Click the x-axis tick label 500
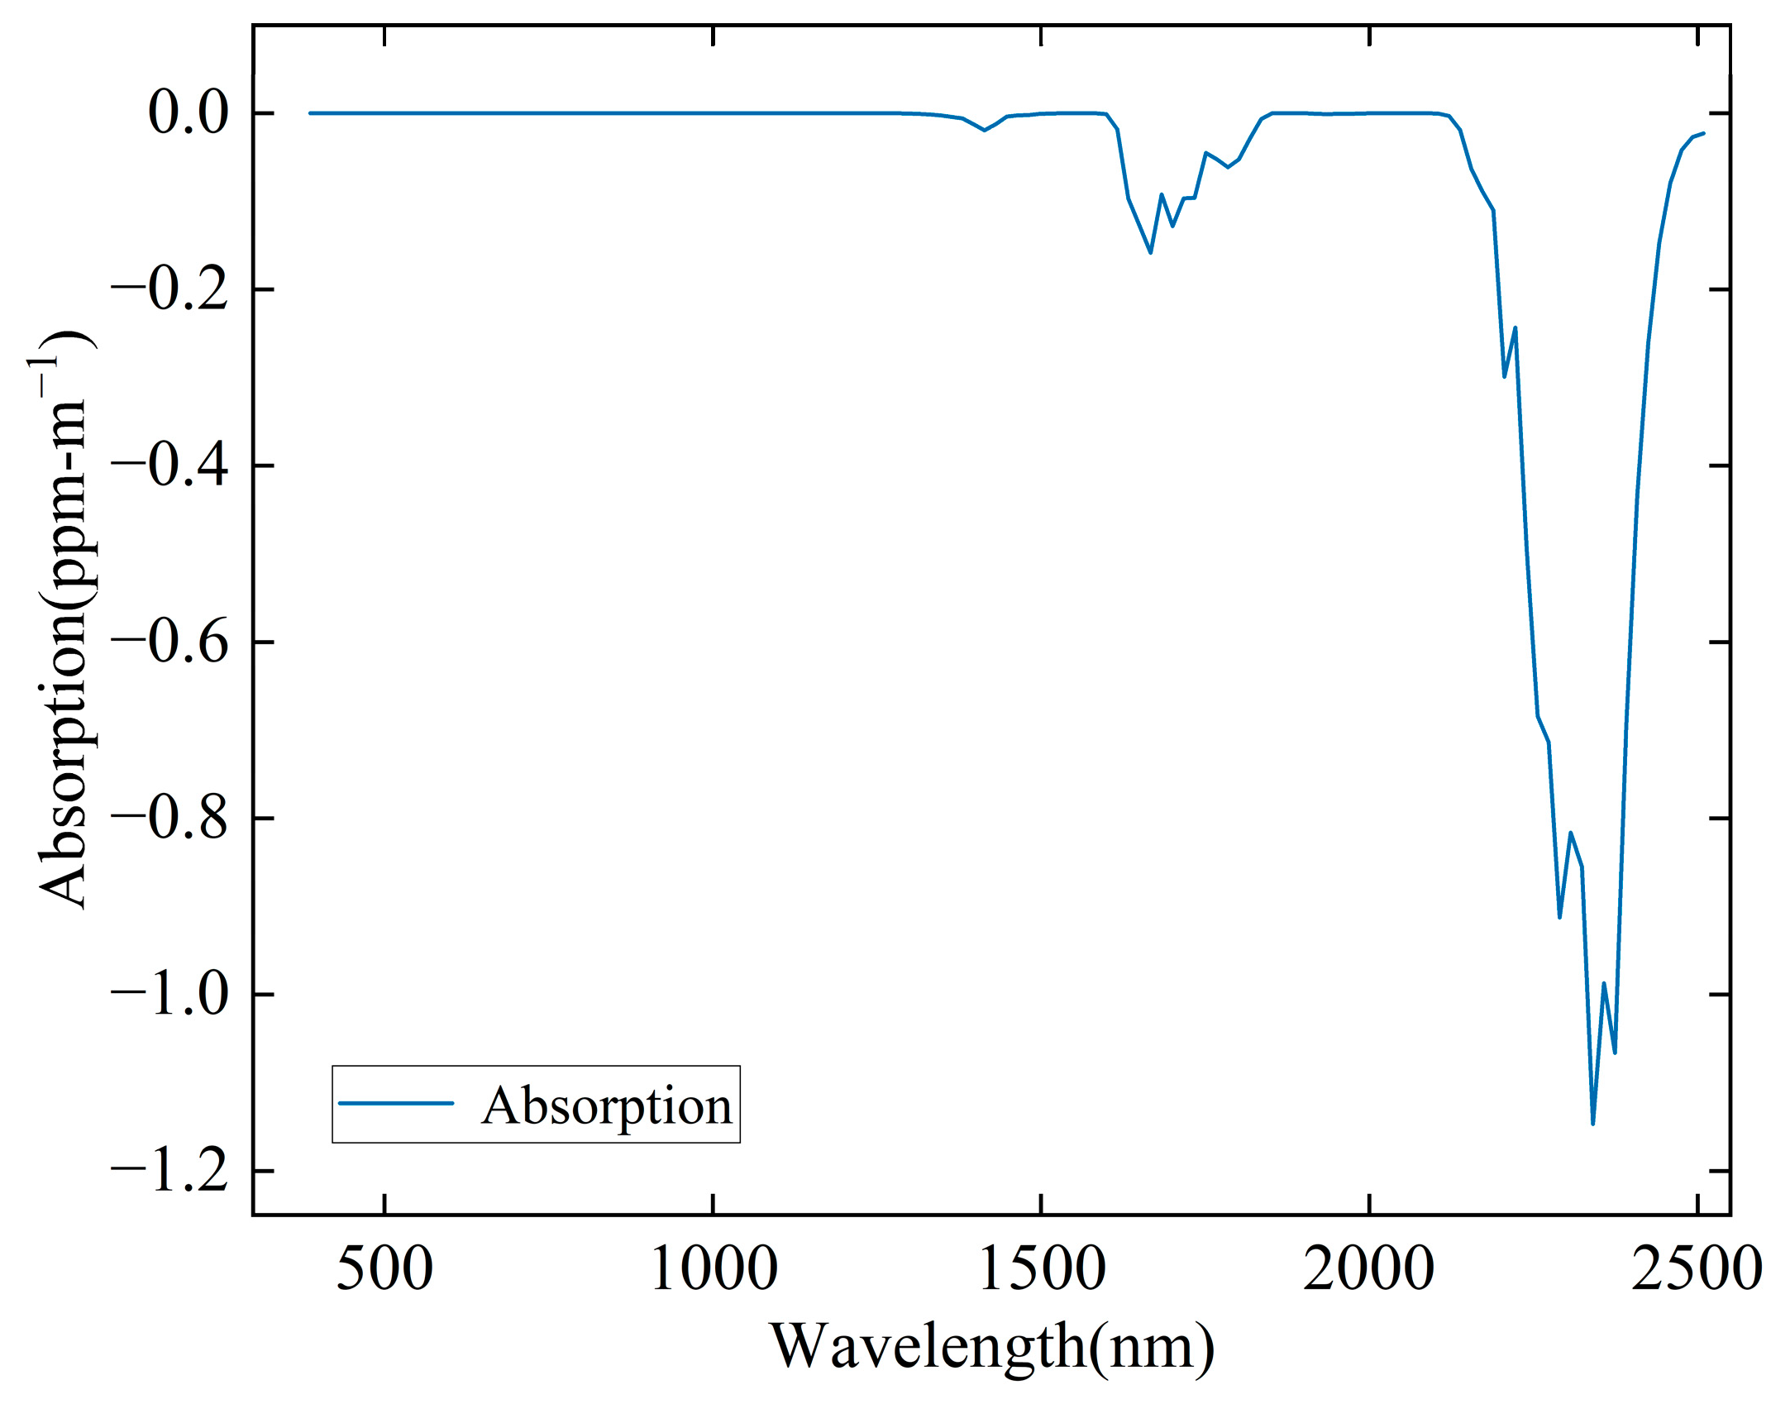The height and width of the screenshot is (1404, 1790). pyautogui.click(x=384, y=1270)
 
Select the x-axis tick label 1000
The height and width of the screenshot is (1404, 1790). pyautogui.click(x=714, y=1270)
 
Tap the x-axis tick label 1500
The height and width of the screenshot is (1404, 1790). pyautogui.click(x=1042, y=1270)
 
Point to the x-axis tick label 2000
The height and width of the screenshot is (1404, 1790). pyautogui.click(x=1369, y=1270)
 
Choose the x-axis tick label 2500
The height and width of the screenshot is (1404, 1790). pyautogui.click(x=1697, y=1270)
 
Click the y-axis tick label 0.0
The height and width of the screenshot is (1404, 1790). pyautogui.click(x=188, y=113)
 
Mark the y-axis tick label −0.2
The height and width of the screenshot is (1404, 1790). pyautogui.click(x=169, y=289)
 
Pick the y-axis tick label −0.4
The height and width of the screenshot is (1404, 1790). pyautogui.click(x=169, y=466)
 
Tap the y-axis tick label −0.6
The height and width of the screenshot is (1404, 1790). pyautogui.click(x=169, y=642)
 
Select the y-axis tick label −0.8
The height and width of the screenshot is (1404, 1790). pyautogui.click(x=169, y=818)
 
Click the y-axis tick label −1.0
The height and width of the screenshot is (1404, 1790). pyautogui.click(x=169, y=994)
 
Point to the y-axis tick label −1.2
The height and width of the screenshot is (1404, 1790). pyautogui.click(x=169, y=1171)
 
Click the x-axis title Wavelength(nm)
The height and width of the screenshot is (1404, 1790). pyautogui.click(x=992, y=1348)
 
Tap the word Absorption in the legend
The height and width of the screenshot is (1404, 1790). pyautogui.click(x=607, y=1106)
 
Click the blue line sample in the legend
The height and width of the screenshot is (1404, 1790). pyautogui.click(x=396, y=1103)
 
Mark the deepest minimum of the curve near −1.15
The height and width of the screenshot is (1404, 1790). pyautogui.click(x=1592, y=1123)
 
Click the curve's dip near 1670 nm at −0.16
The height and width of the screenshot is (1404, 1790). pyautogui.click(x=1150, y=251)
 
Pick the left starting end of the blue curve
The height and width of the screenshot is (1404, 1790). pyautogui.click(x=310, y=112)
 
